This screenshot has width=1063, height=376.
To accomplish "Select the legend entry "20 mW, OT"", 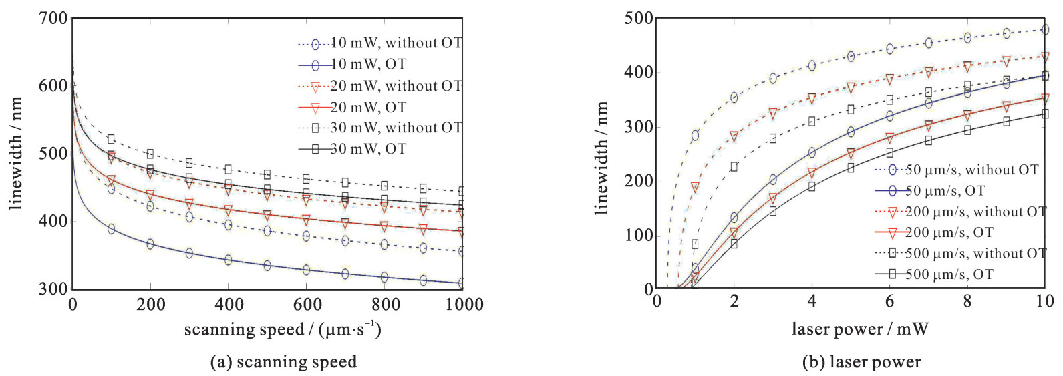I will pyautogui.click(x=368, y=107).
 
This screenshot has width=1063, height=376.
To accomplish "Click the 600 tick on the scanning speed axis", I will pyautogui.click(x=307, y=305).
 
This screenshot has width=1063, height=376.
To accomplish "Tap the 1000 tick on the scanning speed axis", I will pyautogui.click(x=464, y=305).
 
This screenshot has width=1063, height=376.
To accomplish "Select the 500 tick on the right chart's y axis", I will pyautogui.click(x=639, y=19).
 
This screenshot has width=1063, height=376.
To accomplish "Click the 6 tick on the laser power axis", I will pyautogui.click(x=889, y=301).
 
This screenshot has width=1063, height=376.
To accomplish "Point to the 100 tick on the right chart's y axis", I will pyautogui.click(x=639, y=236).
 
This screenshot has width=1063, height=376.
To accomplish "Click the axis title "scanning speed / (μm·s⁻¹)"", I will pyautogui.click(x=283, y=329).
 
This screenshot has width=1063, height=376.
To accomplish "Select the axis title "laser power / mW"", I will pyautogui.click(x=860, y=329).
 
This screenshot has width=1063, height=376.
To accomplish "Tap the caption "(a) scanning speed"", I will pyautogui.click(x=283, y=362).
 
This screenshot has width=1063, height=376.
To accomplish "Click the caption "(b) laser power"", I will pyautogui.click(x=861, y=362).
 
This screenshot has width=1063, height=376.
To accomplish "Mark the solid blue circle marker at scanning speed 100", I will pyautogui.click(x=111, y=229).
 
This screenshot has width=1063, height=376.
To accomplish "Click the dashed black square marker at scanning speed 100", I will pyautogui.click(x=111, y=139).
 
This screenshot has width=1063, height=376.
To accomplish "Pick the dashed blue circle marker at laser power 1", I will pyautogui.click(x=695, y=136).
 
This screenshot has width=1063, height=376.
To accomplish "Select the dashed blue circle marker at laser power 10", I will pyautogui.click(x=1045, y=30).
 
